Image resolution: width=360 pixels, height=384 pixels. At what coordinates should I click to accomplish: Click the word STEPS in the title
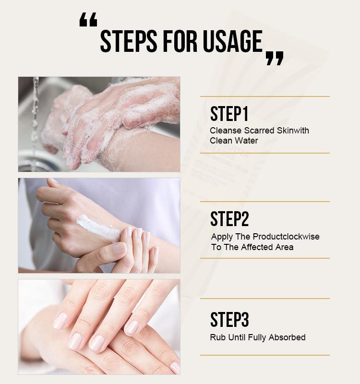128,42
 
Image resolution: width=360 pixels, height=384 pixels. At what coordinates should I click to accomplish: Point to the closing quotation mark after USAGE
275,58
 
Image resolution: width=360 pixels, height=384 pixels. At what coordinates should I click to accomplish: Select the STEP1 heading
229,114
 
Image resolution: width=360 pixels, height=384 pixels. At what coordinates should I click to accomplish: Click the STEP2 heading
229,219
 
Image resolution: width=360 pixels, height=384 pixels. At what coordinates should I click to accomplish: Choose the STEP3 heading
229,320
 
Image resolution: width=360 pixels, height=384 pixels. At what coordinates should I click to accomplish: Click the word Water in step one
246,141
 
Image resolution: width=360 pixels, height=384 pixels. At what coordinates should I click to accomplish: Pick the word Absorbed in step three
287,337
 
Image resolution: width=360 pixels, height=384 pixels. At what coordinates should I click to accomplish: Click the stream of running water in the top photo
35,115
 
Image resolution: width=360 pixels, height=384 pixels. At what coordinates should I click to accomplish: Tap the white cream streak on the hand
98,228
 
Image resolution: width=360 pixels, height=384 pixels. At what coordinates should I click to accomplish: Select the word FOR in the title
181,42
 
